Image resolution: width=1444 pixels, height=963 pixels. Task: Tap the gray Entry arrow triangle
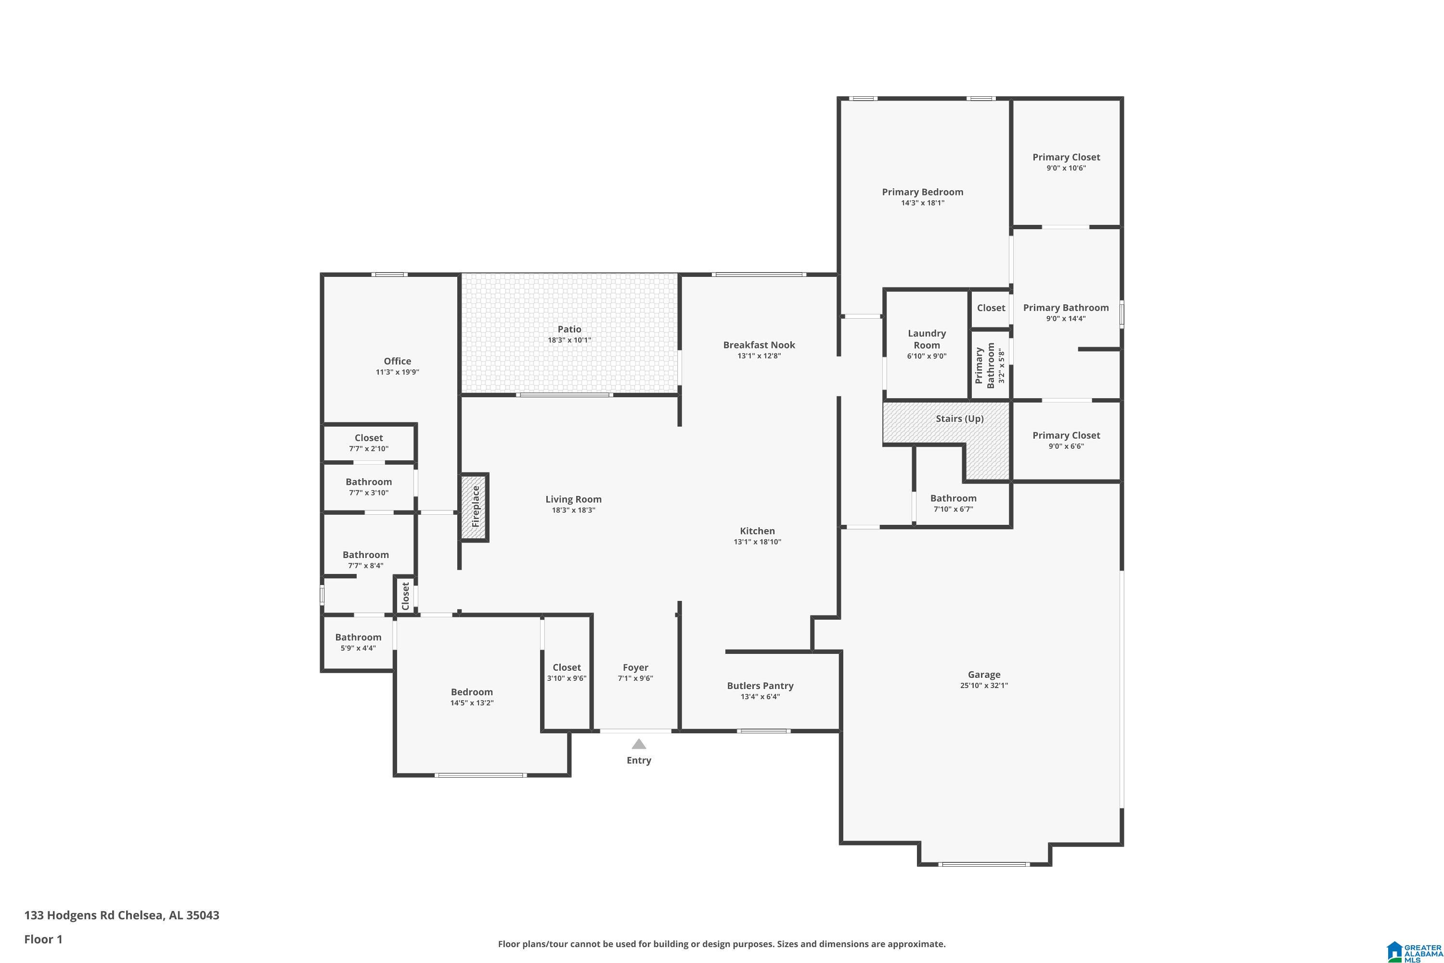click(639, 744)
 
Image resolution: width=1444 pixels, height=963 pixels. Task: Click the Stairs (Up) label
click(960, 419)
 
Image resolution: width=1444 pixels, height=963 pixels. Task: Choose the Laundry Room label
click(927, 339)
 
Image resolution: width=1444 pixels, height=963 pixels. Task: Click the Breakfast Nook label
click(759, 345)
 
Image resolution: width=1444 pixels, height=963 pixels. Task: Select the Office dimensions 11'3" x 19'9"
click(397, 372)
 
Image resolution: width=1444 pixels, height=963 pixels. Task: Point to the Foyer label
click(635, 667)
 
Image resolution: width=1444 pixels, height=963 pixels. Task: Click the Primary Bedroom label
click(923, 192)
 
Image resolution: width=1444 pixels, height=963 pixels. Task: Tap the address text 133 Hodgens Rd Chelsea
click(94, 915)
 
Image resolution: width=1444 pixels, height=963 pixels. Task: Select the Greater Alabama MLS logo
click(1413, 950)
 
